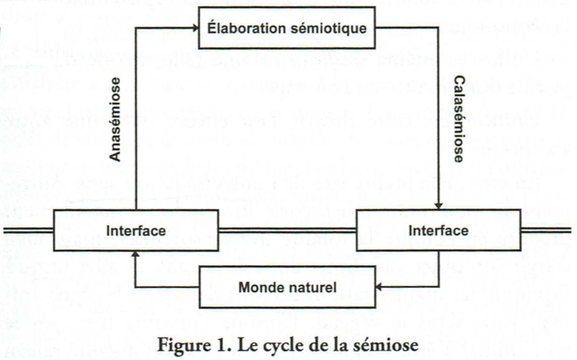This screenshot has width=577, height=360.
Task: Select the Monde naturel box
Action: (x=287, y=287)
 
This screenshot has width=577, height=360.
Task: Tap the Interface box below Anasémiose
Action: (x=135, y=231)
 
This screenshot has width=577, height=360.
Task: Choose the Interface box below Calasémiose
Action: (x=438, y=231)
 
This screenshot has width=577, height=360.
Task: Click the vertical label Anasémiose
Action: (x=115, y=119)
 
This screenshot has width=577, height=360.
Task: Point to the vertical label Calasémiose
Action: (x=459, y=119)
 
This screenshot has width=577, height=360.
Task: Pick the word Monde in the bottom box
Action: (x=258, y=287)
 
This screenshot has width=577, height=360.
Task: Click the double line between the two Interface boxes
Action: (x=287, y=231)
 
